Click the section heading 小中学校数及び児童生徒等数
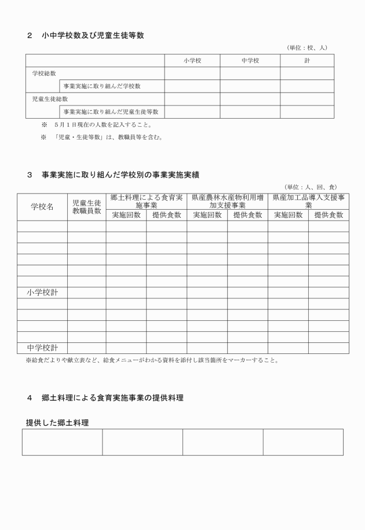(x=93, y=35)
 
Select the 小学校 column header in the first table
(x=192, y=60)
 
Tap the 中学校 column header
(x=250, y=60)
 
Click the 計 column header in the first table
(x=307, y=60)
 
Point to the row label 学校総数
(x=44, y=73)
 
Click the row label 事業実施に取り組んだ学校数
(x=102, y=86)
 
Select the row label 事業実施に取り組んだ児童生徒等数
(x=111, y=112)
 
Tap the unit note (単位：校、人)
(x=307, y=47)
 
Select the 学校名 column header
(x=42, y=207)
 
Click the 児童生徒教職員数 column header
(x=86, y=207)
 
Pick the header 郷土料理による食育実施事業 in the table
(x=146, y=201)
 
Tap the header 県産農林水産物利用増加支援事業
(x=227, y=201)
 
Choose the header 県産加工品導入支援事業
(x=308, y=201)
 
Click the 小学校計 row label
(x=42, y=293)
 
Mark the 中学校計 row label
(x=42, y=348)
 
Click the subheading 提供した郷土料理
(x=57, y=423)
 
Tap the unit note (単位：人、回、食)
(x=311, y=187)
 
